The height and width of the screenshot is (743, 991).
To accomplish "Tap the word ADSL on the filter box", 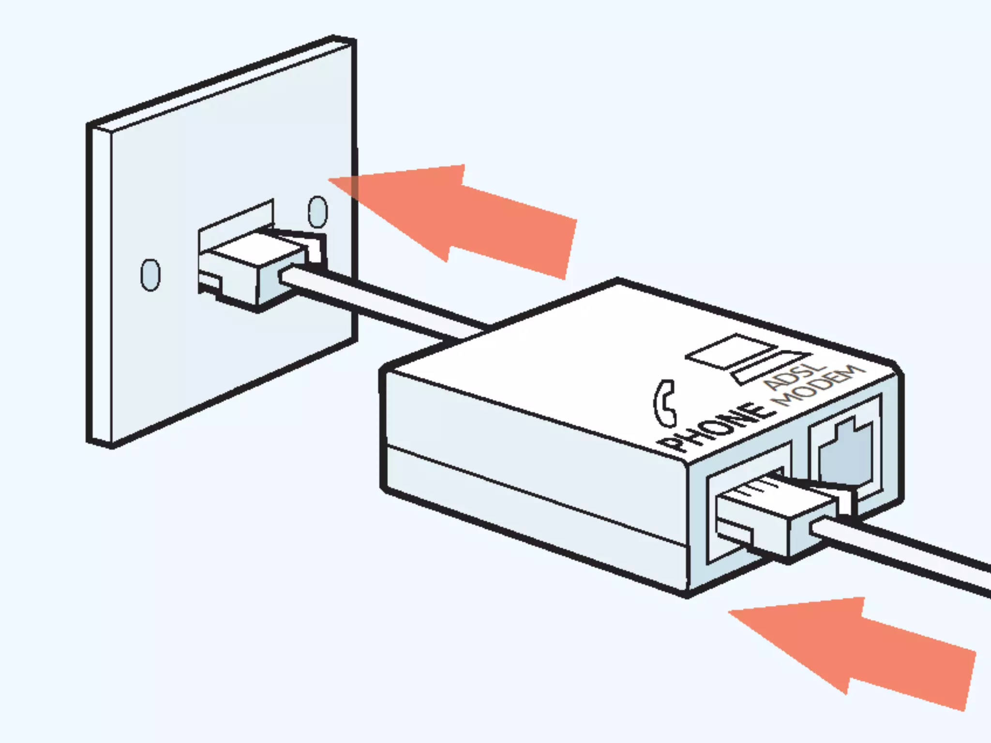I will pyautogui.click(x=794, y=377).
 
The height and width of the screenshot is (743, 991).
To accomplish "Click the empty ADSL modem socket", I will pyautogui.click(x=844, y=450).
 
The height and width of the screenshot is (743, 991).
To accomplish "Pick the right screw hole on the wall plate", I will pyautogui.click(x=317, y=211).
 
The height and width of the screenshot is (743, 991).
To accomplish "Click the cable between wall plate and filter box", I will pyautogui.click(x=387, y=305).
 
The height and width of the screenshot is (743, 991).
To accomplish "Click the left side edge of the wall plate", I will pyautogui.click(x=99, y=285).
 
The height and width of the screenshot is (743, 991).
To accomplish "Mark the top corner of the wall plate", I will pyautogui.click(x=334, y=38).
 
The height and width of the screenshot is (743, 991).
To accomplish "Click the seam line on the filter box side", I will pyautogui.click(x=532, y=498).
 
